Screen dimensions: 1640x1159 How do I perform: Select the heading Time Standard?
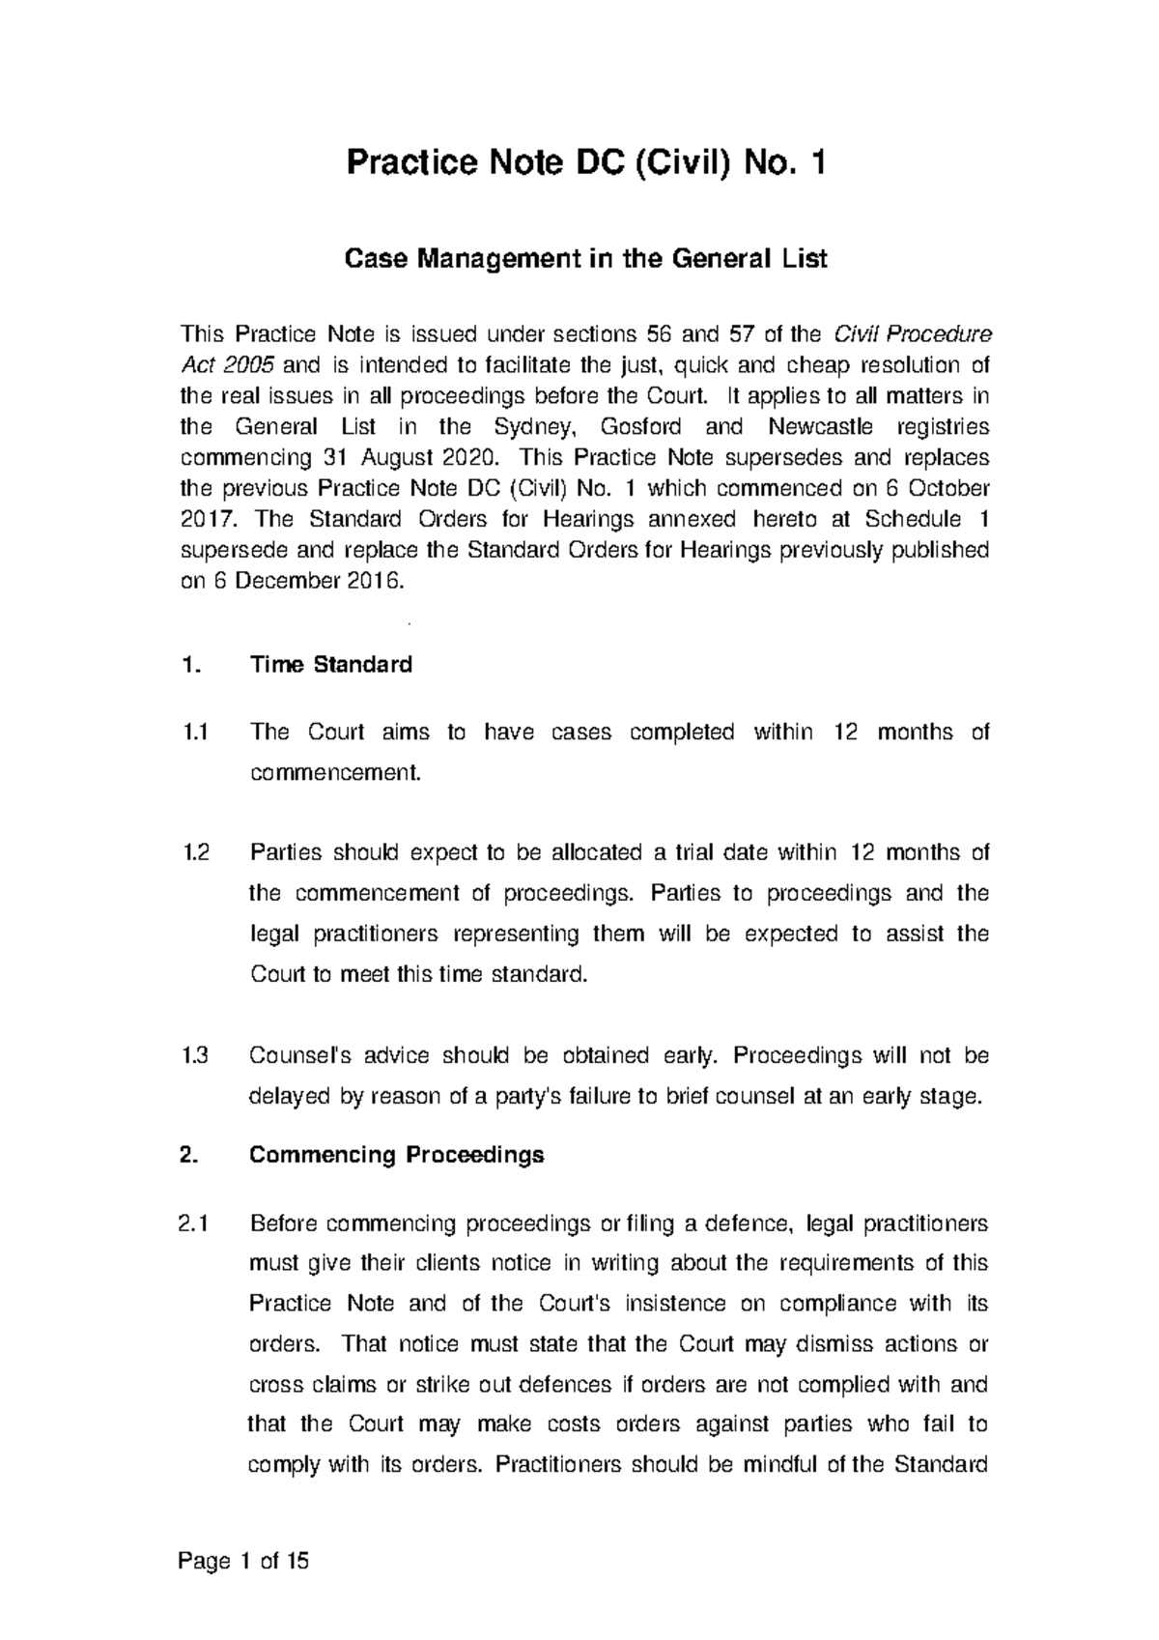click(330, 665)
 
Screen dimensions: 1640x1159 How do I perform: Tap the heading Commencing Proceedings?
click(396, 1155)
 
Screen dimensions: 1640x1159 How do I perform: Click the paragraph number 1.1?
click(196, 733)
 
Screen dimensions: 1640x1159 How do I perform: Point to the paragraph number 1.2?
click(196, 853)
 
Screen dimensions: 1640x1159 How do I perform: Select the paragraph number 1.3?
click(196, 1056)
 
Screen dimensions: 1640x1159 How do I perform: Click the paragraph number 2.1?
click(196, 1224)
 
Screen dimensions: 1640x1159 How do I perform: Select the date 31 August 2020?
click(414, 457)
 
